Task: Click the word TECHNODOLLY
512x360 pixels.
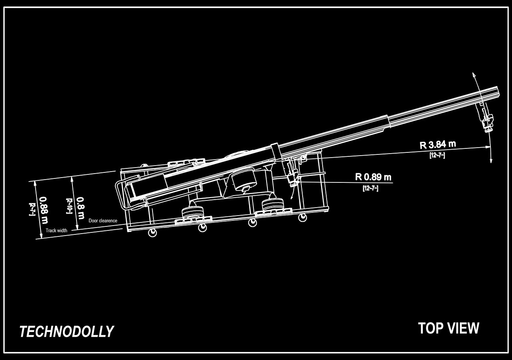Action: coord(66,332)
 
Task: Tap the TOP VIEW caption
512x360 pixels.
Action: coord(448,328)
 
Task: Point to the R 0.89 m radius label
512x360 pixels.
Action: coord(373,176)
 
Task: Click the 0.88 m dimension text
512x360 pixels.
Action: coord(44,210)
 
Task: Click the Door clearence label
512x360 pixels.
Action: coord(103,221)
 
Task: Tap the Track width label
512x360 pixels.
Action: coord(56,230)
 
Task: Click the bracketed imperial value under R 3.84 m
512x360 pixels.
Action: coord(437,155)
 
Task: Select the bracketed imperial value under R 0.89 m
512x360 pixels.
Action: coord(370,188)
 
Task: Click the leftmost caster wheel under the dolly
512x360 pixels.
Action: coord(153,232)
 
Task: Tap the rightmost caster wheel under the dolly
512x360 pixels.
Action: coord(303,217)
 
